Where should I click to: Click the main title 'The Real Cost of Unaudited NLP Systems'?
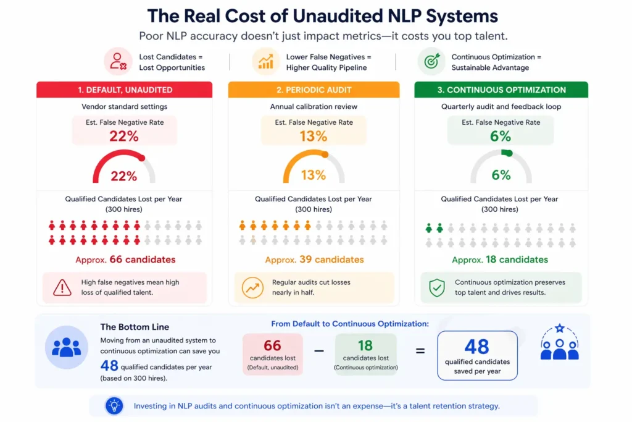(x=315, y=15)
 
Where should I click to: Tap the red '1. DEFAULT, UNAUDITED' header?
(x=125, y=90)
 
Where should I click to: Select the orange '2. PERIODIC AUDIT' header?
(x=314, y=90)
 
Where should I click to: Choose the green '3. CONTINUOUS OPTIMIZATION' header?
(x=501, y=90)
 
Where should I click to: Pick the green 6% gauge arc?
(x=505, y=153)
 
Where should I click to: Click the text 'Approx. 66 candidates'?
(x=125, y=260)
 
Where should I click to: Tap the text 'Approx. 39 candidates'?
(x=314, y=260)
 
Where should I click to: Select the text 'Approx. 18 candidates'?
(x=500, y=260)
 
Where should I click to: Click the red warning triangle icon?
(x=62, y=287)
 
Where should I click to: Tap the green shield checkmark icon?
(x=437, y=287)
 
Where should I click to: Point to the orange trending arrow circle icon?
(x=252, y=287)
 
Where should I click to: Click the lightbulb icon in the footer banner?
(x=115, y=405)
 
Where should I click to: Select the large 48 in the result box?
(x=476, y=347)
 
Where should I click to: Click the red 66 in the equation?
(x=272, y=345)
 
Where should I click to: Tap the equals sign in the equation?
(x=420, y=351)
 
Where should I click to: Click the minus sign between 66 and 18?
(x=319, y=351)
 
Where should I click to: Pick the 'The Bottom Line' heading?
(x=135, y=327)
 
